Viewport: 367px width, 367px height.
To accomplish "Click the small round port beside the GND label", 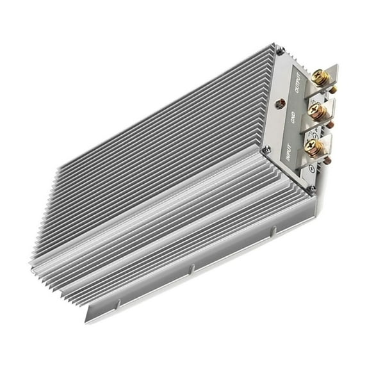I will (x=279, y=102).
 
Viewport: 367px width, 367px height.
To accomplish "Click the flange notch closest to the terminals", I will (x=273, y=229).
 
